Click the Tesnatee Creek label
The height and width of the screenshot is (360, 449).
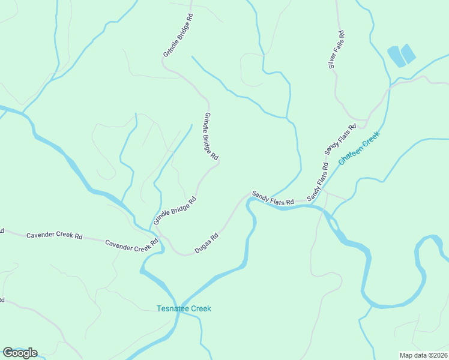tap(184, 308)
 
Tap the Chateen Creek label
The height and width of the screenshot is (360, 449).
tap(360, 149)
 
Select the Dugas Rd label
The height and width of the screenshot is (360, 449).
tap(206, 242)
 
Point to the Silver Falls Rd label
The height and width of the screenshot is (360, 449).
tap(337, 49)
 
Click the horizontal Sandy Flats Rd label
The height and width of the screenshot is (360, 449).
tap(273, 198)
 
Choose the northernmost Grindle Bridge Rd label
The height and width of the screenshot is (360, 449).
tap(179, 36)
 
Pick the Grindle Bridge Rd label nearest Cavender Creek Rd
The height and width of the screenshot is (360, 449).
tap(175, 211)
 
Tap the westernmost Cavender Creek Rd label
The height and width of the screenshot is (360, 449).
tap(54, 235)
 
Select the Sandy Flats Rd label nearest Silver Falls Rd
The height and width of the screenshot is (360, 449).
tap(340, 138)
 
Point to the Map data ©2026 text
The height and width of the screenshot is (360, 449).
tap(423, 355)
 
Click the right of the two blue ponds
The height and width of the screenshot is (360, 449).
tap(408, 54)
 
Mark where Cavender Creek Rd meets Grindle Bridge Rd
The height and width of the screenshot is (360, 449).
tap(157, 238)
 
